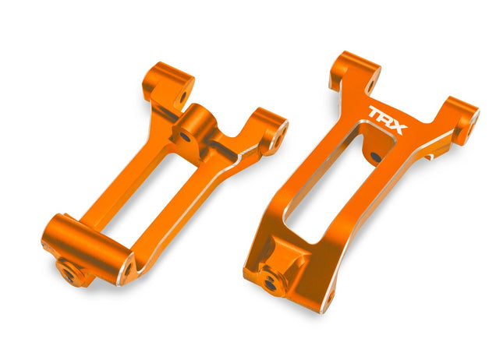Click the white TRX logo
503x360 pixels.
[387, 120]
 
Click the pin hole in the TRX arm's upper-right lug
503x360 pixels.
[473, 119]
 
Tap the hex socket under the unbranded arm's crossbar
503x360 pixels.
[68, 272]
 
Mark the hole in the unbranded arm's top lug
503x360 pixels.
[182, 99]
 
